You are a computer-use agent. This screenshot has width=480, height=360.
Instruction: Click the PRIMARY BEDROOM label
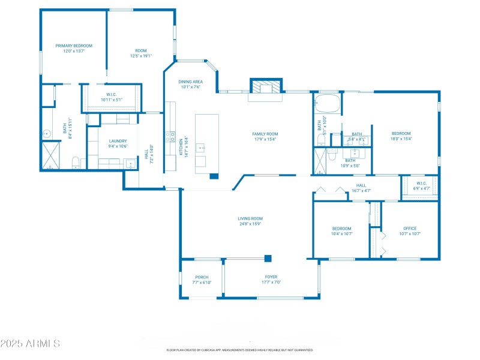point(74,46)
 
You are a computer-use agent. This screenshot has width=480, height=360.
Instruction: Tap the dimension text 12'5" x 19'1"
point(141,56)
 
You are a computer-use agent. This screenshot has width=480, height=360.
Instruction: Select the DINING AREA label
point(190,82)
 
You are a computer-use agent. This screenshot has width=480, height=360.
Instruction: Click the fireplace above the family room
point(265,88)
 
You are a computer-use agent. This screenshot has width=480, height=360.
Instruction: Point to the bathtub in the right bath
point(328,104)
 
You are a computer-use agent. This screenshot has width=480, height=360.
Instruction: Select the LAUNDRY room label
point(118,141)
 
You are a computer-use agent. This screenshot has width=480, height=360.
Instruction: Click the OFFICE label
point(410,228)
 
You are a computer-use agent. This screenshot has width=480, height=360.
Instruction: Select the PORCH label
point(202,277)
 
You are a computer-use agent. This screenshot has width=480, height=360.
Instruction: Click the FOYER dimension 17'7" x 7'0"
point(271,282)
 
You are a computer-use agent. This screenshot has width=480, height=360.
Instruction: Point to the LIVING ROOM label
point(250,218)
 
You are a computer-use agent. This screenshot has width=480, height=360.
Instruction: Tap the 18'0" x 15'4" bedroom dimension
point(401,139)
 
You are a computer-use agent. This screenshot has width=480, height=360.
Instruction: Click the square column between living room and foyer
point(268,259)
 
